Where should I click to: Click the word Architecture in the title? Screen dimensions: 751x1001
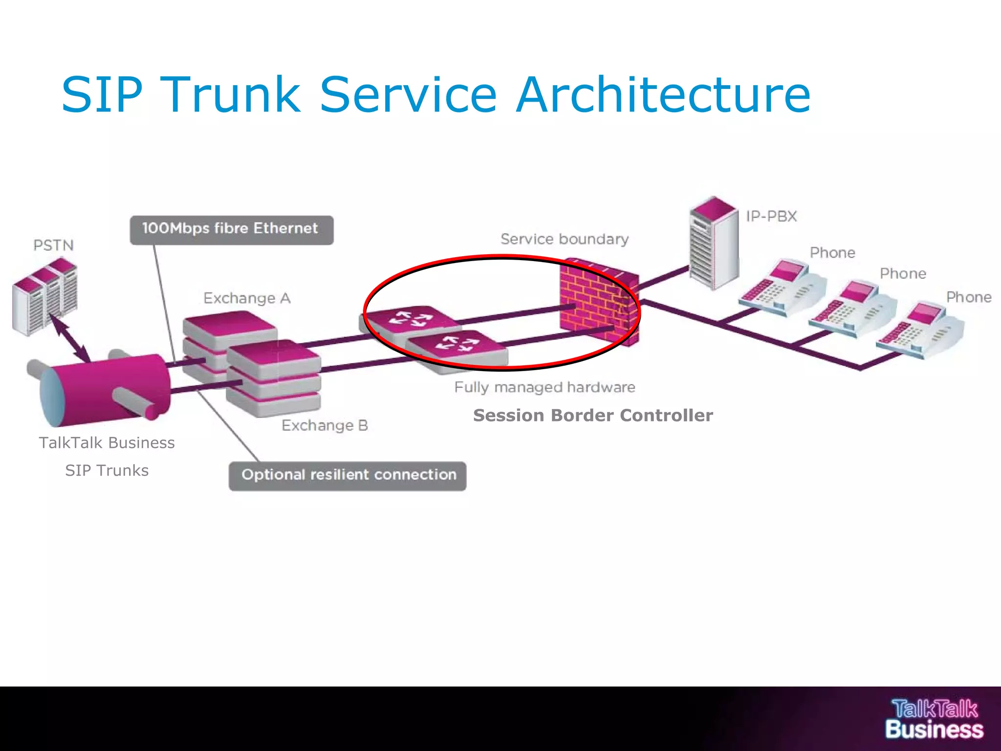(663, 95)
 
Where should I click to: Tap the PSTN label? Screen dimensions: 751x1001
(53, 245)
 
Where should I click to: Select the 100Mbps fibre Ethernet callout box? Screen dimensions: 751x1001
(231, 229)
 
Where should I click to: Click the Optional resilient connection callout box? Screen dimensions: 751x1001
(348, 476)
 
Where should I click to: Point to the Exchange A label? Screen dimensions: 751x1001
(247, 298)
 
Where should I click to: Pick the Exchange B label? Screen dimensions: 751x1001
(325, 425)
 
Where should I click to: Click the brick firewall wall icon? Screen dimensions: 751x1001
(599, 303)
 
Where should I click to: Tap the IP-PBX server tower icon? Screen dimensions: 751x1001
(713, 243)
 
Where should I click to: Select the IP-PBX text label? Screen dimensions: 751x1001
(771, 216)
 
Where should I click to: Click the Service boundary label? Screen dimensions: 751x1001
(565, 239)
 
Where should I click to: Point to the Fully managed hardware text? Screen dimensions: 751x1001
(544, 387)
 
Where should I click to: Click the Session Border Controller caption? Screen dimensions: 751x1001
(593, 416)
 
